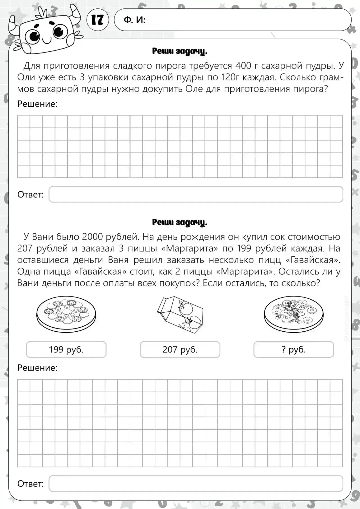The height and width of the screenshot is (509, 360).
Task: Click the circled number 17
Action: point(98,20)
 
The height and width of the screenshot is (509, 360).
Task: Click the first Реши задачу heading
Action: point(180,51)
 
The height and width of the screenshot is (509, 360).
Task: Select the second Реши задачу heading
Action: point(180,222)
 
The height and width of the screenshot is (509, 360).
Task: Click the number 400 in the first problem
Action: point(243,66)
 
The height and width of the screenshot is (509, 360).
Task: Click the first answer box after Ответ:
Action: point(196,194)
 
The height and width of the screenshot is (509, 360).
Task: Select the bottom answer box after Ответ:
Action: point(196,483)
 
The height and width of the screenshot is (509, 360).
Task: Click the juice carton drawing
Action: point(180,315)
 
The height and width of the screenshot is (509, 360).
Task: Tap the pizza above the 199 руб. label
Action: point(66,313)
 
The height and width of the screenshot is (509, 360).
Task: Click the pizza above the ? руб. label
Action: point(294,313)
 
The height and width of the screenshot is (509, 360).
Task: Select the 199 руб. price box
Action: point(66,349)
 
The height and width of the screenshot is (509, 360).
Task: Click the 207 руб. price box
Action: point(180,349)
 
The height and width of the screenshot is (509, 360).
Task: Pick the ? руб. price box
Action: point(294,349)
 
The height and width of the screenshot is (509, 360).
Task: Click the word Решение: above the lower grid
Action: point(37,368)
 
